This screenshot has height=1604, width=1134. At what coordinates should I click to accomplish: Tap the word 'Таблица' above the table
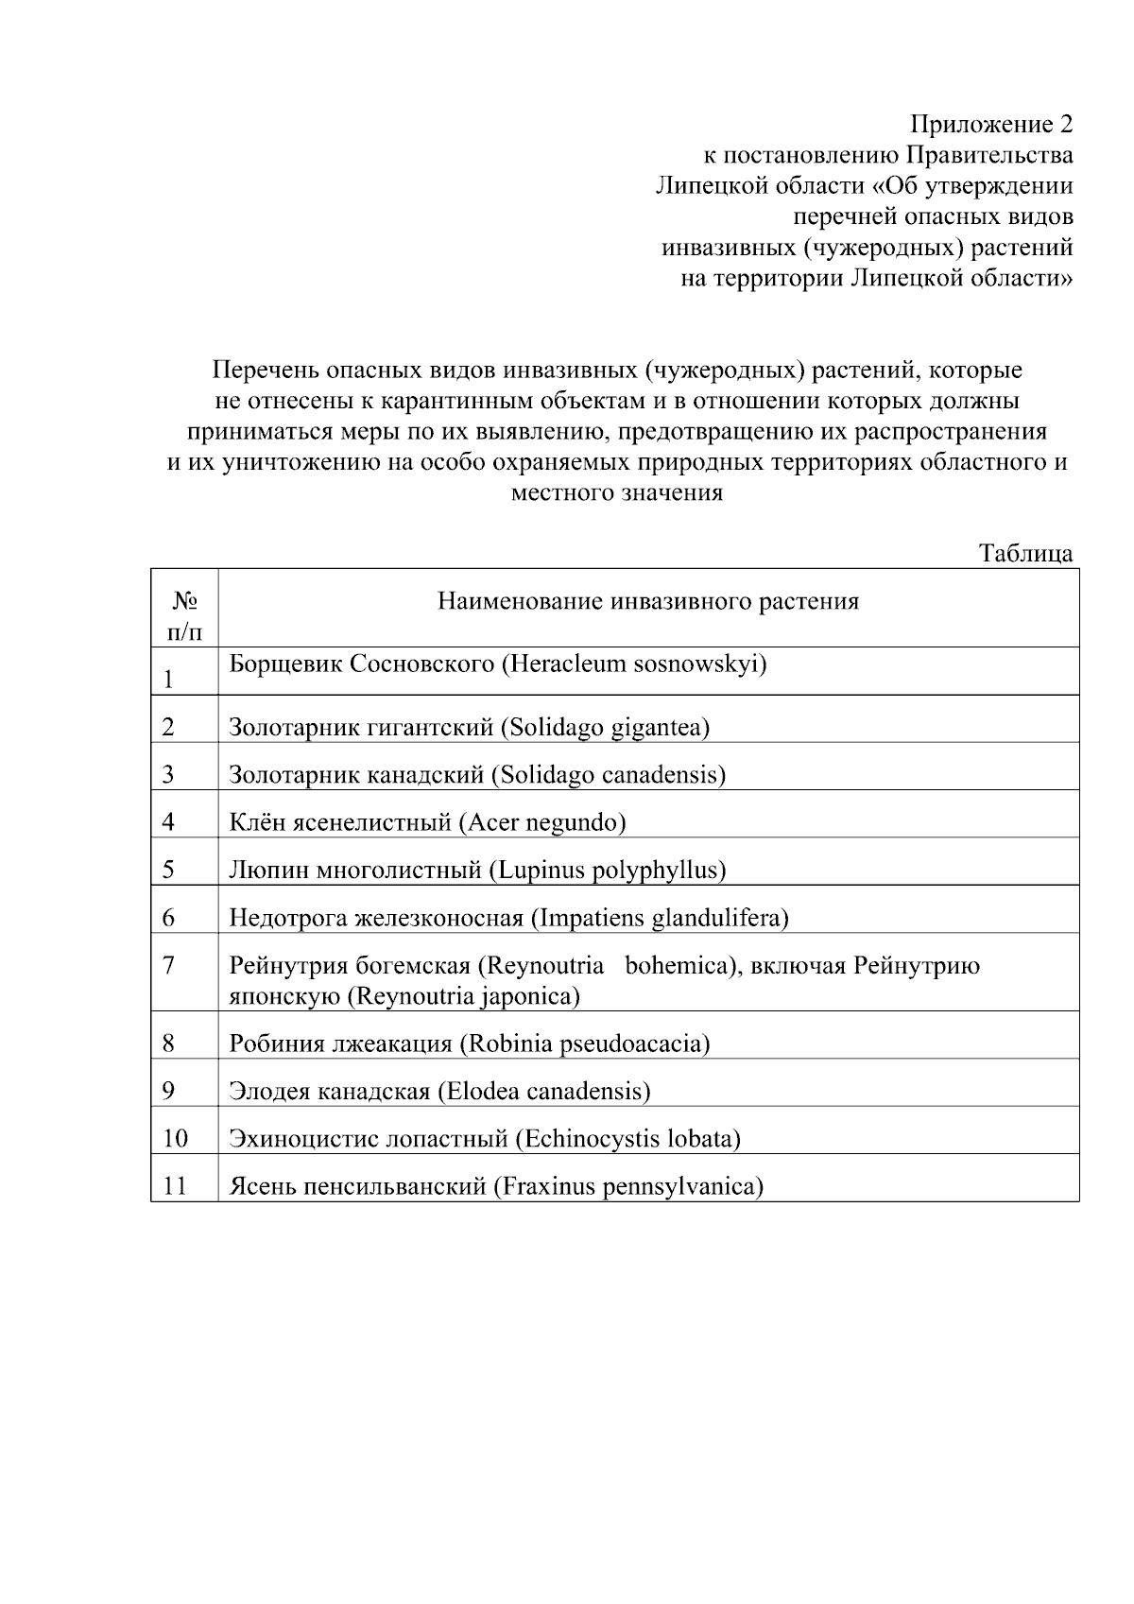coord(1025,554)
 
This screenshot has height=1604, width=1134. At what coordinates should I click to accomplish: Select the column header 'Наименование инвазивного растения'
coord(648,602)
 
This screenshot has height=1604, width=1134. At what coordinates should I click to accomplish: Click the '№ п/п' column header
coord(184,615)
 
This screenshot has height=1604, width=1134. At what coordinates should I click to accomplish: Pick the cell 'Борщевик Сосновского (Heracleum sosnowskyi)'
coord(498,664)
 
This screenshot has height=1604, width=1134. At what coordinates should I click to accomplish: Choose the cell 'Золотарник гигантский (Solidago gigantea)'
coord(470,727)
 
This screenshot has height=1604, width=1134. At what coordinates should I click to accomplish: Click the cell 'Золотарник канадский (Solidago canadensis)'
coord(477,775)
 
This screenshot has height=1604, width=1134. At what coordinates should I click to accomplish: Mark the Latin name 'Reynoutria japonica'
coord(463,996)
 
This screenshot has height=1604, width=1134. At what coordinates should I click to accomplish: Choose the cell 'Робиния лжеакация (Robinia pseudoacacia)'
coord(470,1043)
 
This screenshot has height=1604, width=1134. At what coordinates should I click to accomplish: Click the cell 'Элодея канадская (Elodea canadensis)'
coord(439,1091)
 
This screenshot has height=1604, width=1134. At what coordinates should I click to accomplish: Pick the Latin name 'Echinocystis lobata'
coord(627,1138)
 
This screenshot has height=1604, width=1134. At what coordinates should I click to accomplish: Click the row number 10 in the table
coord(176,1138)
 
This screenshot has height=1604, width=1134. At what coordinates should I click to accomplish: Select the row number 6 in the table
coord(169,917)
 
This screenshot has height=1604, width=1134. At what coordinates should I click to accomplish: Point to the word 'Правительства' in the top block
coord(990,155)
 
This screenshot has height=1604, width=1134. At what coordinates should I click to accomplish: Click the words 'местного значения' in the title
coord(616,493)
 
